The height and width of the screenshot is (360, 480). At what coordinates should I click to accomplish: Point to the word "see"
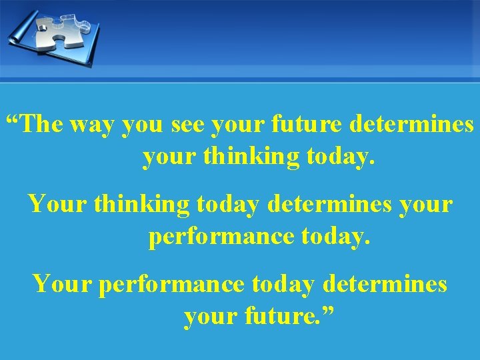pos(187,125)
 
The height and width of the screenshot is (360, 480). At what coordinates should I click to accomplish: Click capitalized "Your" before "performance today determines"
pos(63,284)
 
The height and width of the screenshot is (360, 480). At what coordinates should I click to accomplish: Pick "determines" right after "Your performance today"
pos(384,284)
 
